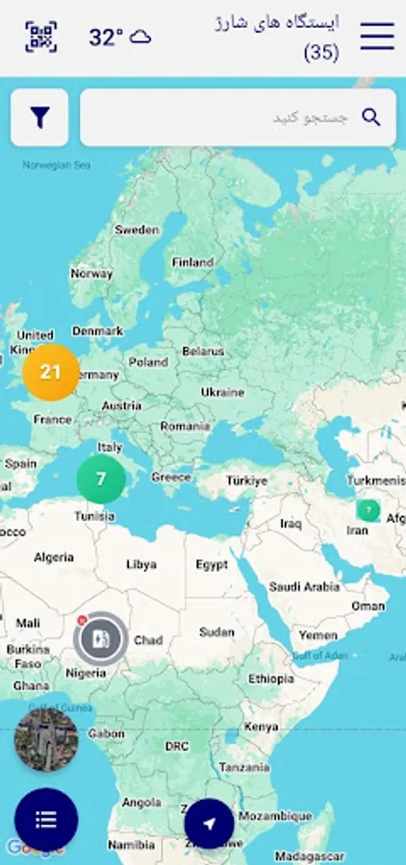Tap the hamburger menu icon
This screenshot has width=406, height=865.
pyautogui.click(x=377, y=37)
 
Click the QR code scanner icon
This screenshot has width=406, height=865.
pyautogui.click(x=40, y=37)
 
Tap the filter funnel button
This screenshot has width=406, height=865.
pyautogui.click(x=39, y=117)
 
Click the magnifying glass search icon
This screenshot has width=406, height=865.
pyautogui.click(x=370, y=117)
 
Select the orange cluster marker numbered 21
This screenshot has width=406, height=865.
pyautogui.click(x=51, y=372)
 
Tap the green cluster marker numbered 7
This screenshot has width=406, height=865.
pyautogui.click(x=101, y=479)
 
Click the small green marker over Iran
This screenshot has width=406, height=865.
pyautogui.click(x=368, y=510)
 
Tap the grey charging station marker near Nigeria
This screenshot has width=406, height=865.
pyautogui.click(x=100, y=638)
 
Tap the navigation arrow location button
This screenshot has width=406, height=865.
pyautogui.click(x=209, y=824)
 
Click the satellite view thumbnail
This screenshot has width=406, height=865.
pyautogui.click(x=46, y=740)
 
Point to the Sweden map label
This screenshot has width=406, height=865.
pyautogui.click(x=137, y=230)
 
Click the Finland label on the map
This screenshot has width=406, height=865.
pyautogui.click(x=192, y=261)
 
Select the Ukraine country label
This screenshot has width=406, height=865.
pyautogui.click(x=222, y=392)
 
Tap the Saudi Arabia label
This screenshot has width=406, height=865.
pyautogui.click(x=304, y=586)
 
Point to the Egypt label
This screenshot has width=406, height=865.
pyautogui.click(x=212, y=564)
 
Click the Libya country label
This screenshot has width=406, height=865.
pyautogui.click(x=140, y=564)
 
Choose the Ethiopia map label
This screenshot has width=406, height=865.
pyautogui.click(x=270, y=679)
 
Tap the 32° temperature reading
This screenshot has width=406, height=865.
pyautogui.click(x=106, y=37)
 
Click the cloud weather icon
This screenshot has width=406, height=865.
pyautogui.click(x=140, y=37)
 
